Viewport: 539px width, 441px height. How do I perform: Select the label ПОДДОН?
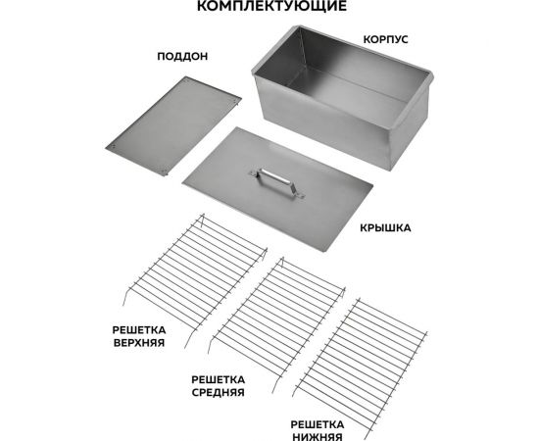[174, 57]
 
